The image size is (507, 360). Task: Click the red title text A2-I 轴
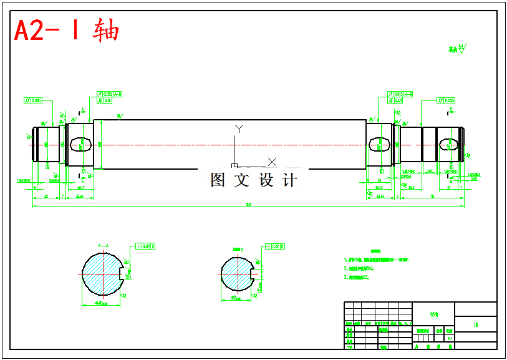tap(66, 30)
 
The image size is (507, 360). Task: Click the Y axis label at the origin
tap(238, 129)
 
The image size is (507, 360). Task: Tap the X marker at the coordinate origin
tap(272, 162)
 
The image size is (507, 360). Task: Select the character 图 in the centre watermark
tap(218, 180)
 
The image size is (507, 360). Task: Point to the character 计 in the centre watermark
tap(290, 180)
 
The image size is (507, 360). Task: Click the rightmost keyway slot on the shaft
tap(449, 145)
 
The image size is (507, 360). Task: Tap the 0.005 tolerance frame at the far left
tap(33, 100)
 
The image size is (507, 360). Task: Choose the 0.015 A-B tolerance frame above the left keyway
tap(110, 94)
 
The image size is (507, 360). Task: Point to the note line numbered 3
tap(359, 278)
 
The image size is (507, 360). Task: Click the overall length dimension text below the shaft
tap(248, 204)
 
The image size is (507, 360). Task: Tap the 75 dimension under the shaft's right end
tap(432, 196)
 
